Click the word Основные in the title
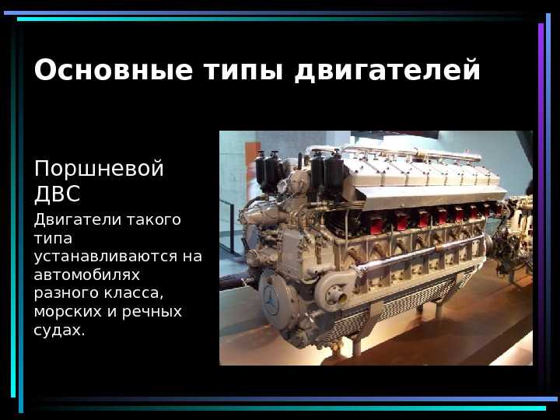[114, 70]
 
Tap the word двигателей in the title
[387, 71]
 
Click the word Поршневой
[99, 168]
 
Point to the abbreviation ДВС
[57, 194]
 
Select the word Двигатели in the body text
[76, 220]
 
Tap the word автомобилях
[87, 275]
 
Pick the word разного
[67, 293]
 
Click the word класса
[134, 293]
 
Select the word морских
[68, 312]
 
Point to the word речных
[152, 312]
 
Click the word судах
[60, 330]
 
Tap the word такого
[152, 220]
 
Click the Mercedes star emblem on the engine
[271, 301]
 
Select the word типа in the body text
[53, 239]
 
